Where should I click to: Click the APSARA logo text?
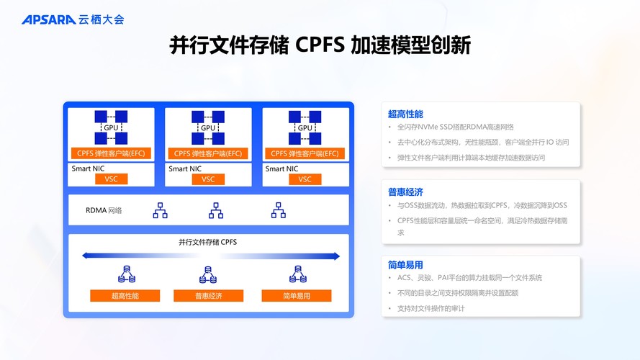pos(48,19)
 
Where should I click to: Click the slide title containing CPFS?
pos(320,46)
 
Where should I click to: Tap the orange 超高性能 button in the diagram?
pos(125,295)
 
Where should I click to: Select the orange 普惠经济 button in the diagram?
pos(208,295)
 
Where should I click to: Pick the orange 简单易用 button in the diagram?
pos(296,295)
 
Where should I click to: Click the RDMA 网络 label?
pos(104,210)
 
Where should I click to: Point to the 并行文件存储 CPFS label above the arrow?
pos(207,242)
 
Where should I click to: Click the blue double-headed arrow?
pos(209,256)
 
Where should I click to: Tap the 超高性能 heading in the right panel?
pos(405,114)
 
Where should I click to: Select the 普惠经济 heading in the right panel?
pos(405,192)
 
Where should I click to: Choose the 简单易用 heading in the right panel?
pos(405,265)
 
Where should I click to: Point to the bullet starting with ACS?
pos(469,278)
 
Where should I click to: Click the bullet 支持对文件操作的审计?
pos(431,308)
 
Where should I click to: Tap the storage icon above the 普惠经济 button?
pos(208,274)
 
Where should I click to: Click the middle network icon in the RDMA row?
pos(216,210)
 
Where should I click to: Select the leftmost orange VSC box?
pos(111,179)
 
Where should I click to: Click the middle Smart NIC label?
pos(184,168)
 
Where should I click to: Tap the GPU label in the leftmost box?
pos(111,127)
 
